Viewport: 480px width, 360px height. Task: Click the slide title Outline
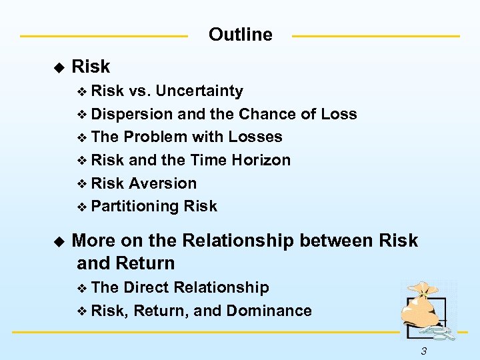pyautogui.click(x=240, y=35)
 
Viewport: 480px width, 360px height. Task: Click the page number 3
pyautogui.click(x=424, y=351)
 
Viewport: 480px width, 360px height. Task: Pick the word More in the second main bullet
pyautogui.click(x=94, y=241)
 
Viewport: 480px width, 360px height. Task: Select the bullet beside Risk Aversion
pyautogui.click(x=82, y=184)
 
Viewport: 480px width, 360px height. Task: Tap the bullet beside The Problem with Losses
pyautogui.click(x=82, y=138)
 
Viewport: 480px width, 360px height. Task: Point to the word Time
pyautogui.click(x=210, y=160)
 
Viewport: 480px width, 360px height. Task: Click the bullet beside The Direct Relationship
pyautogui.click(x=82, y=288)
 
